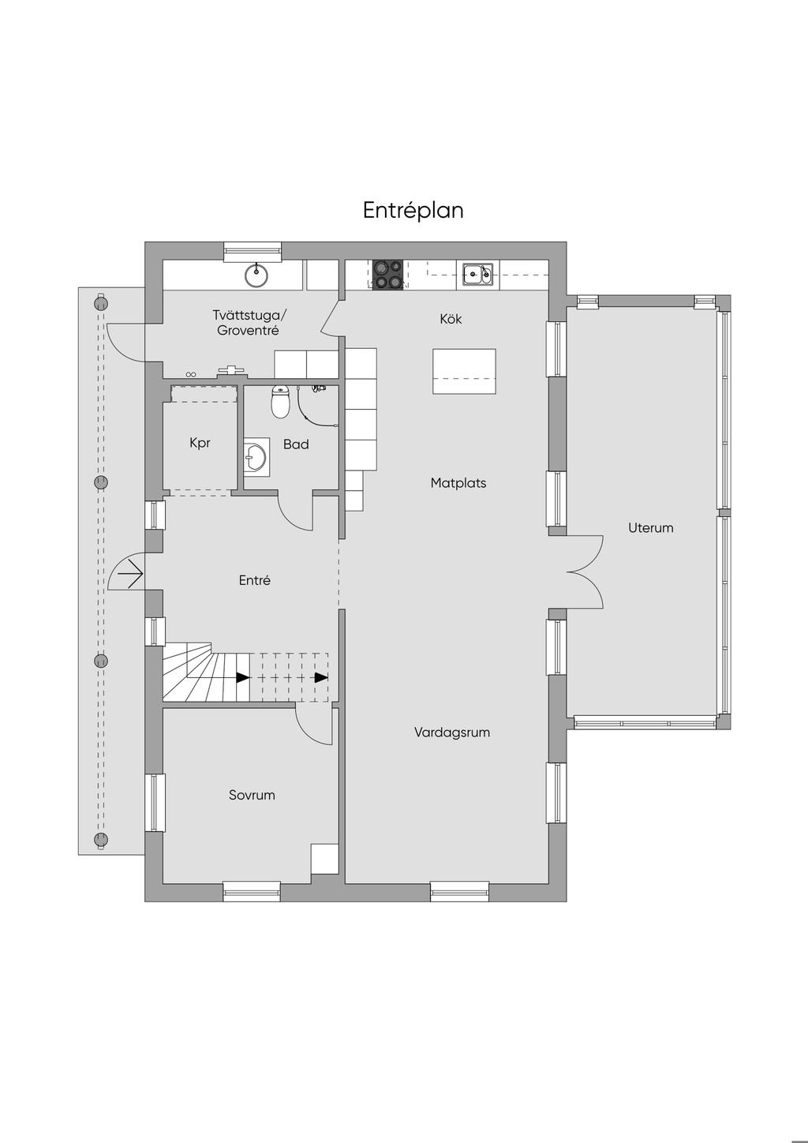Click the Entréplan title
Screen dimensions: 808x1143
413,210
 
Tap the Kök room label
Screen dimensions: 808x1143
451,319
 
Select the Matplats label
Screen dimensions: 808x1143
458,483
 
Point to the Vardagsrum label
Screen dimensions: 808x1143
452,733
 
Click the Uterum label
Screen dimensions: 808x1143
650,527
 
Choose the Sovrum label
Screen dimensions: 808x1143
252,794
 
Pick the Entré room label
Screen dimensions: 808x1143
255,580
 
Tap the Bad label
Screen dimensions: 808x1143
296,444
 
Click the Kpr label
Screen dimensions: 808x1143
200,443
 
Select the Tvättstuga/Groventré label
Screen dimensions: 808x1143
249,323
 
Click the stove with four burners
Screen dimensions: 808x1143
387,275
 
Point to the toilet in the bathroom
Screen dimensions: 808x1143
280,402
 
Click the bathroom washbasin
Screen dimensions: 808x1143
256,457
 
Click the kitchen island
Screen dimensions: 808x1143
464,372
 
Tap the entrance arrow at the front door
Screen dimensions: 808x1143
131,575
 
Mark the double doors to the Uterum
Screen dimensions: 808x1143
585,572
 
